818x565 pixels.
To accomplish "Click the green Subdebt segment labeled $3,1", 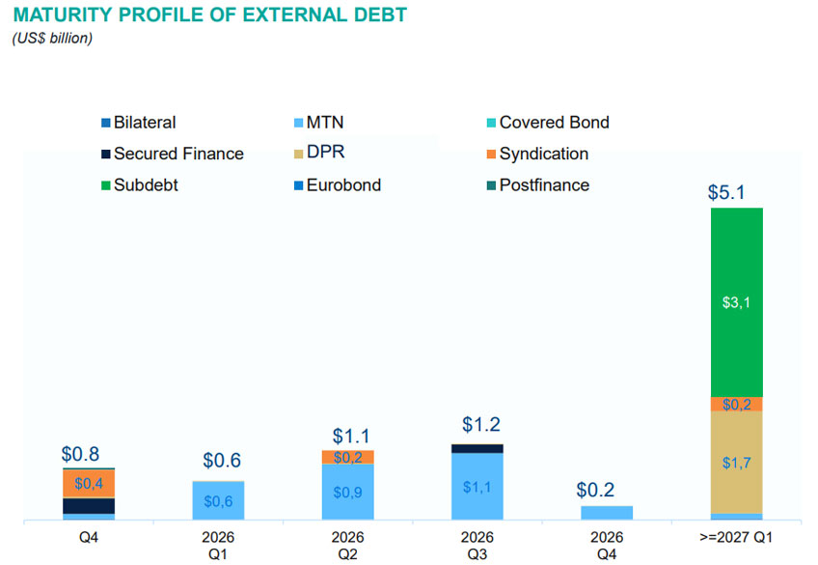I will pyautogui.click(x=736, y=301).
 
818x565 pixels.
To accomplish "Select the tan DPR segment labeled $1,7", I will pyautogui.click(x=736, y=463).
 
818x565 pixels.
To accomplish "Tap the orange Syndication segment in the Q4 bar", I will pyautogui.click(x=89, y=483).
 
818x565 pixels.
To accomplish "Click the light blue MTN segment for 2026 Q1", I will pyautogui.click(x=218, y=500).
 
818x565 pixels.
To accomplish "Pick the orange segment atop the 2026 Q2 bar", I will pyautogui.click(x=347, y=457).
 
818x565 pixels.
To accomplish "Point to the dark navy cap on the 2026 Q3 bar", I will pyautogui.click(x=477, y=448).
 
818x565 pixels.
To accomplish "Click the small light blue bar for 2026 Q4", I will pyautogui.click(x=607, y=513).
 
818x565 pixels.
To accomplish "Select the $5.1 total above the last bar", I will pyautogui.click(x=726, y=192).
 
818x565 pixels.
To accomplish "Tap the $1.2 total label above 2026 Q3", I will pyautogui.click(x=480, y=425).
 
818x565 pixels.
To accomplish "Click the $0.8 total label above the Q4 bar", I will pyautogui.click(x=80, y=453).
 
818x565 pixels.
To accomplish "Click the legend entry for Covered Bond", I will pyautogui.click(x=554, y=123).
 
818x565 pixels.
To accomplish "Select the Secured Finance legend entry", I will pyautogui.click(x=177, y=154).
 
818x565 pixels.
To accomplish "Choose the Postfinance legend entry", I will pyautogui.click(x=543, y=184).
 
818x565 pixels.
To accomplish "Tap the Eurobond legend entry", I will pyautogui.click(x=342, y=184).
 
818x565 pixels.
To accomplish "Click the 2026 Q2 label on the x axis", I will pyautogui.click(x=347, y=545).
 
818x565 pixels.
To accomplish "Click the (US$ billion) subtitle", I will pyautogui.click(x=52, y=39).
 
